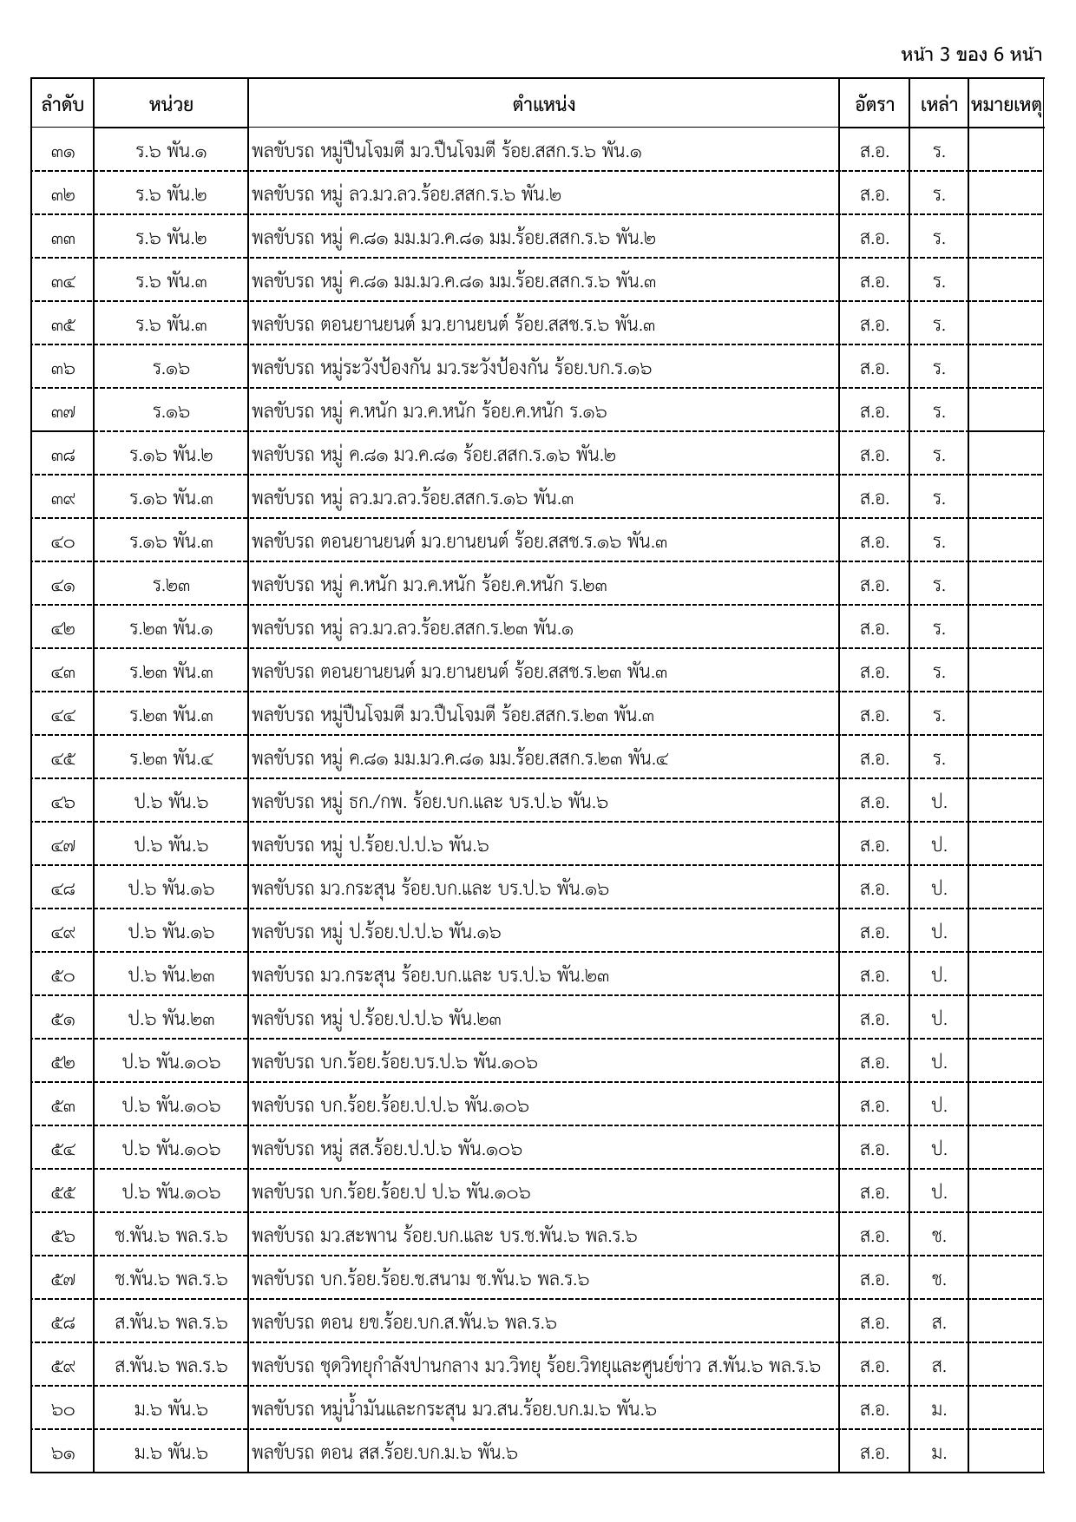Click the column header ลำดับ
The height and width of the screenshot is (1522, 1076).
pyautogui.click(x=62, y=105)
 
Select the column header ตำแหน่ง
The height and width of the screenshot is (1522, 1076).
pyautogui.click(x=543, y=105)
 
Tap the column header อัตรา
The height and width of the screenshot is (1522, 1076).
pyautogui.click(x=874, y=105)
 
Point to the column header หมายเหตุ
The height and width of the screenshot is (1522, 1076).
pyautogui.click(x=1006, y=105)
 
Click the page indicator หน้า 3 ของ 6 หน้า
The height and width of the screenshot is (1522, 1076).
pyautogui.click(x=971, y=55)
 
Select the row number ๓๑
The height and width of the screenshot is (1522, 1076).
pyautogui.click(x=62, y=152)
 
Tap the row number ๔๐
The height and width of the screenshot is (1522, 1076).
pyautogui.click(x=62, y=542)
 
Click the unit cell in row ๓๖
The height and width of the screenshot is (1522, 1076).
pyautogui.click(x=171, y=369)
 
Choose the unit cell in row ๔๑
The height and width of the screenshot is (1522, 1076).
pyautogui.click(x=171, y=586)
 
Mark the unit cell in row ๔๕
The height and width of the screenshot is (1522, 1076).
pyautogui.click(x=171, y=759)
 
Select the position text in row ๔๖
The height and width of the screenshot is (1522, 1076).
pyautogui.click(x=430, y=803)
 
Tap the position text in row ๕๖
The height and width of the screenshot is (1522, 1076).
pyautogui.click(x=444, y=1237)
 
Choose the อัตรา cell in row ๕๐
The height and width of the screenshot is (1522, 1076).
pyautogui.click(x=874, y=976)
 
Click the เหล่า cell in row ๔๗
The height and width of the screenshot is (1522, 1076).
pyautogui.click(x=939, y=846)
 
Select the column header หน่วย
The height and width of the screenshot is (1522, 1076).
pyautogui.click(x=171, y=105)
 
